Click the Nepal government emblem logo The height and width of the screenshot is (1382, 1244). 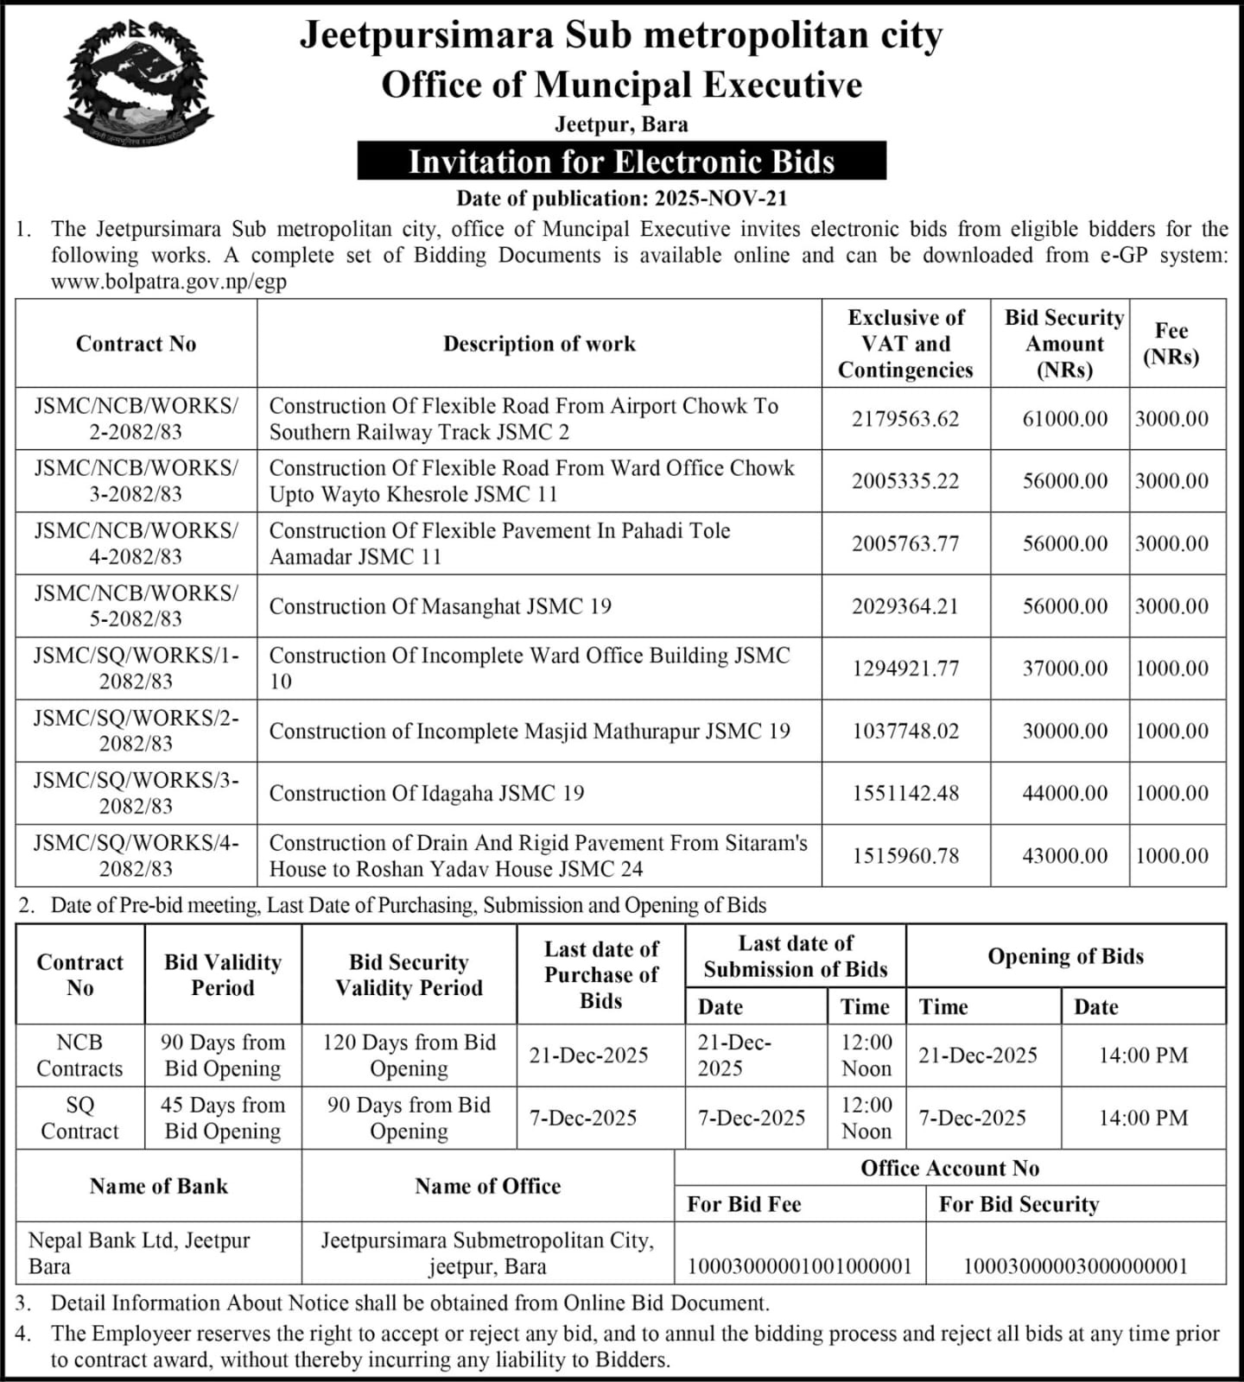pyautogui.click(x=138, y=84)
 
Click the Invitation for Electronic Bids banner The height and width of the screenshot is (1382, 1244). pyautogui.click(x=621, y=162)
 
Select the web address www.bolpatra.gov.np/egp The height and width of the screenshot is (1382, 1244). pyautogui.click(x=168, y=282)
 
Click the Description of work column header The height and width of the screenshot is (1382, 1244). pyautogui.click(x=539, y=344)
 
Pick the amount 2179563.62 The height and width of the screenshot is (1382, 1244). pyautogui.click(x=905, y=419)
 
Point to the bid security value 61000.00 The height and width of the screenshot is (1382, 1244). pyautogui.click(x=1064, y=419)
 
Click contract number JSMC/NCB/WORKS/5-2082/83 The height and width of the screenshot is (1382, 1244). pyautogui.click(x=136, y=605)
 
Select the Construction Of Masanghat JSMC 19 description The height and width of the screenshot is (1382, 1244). pyautogui.click(x=441, y=606)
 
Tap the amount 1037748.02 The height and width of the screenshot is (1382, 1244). pyautogui.click(x=905, y=731)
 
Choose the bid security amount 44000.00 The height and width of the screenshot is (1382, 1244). pyautogui.click(x=1064, y=793)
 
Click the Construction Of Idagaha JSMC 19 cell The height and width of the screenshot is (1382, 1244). pyautogui.click(x=427, y=793)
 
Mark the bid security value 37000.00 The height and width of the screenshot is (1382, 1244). pyautogui.click(x=1064, y=669)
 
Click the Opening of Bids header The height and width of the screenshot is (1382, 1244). pyautogui.click(x=1065, y=956)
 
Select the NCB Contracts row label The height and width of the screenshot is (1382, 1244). pyautogui.click(x=79, y=1056)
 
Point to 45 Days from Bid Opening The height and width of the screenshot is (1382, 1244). pyautogui.click(x=223, y=1118)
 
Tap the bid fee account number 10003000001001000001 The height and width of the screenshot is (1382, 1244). pyautogui.click(x=799, y=1266)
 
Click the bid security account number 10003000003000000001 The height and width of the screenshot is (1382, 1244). pyautogui.click(x=1076, y=1266)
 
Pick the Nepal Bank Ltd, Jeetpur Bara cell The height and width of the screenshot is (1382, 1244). pyautogui.click(x=139, y=1253)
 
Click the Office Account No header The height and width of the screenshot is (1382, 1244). pyautogui.click(x=949, y=1169)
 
